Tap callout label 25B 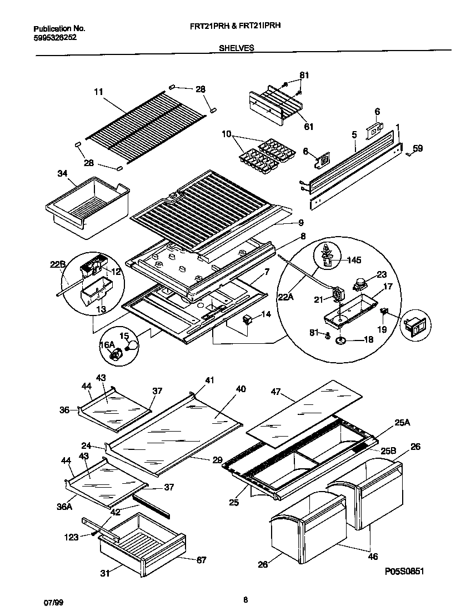pyautogui.click(x=389, y=452)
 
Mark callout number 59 pyautogui.click(x=418, y=148)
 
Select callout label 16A pyautogui.click(x=107, y=345)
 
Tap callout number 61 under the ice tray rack pyautogui.click(x=308, y=127)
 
